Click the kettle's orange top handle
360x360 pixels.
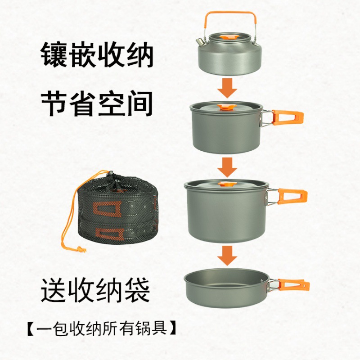230,13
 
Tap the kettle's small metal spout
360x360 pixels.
199,42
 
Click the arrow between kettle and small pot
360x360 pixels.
227,88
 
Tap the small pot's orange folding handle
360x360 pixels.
288,117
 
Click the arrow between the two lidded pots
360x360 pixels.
227,167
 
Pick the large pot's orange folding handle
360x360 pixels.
292,197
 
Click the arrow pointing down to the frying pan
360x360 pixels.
227,256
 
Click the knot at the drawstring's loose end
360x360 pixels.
81,249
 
